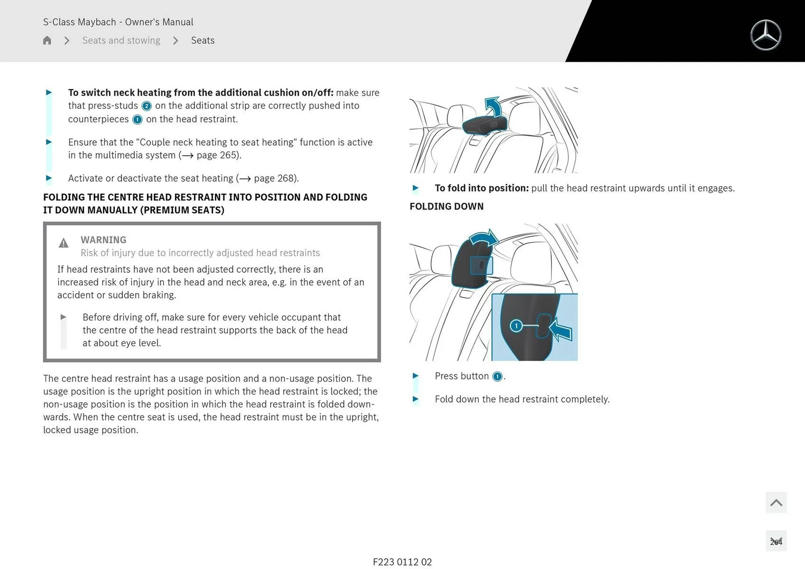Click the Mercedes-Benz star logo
pyautogui.click(x=766, y=35)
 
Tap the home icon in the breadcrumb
pyautogui.click(x=47, y=40)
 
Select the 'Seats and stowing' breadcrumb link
pyautogui.click(x=121, y=40)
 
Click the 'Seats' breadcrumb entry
pyautogui.click(x=203, y=40)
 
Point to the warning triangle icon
pyautogui.click(x=63, y=243)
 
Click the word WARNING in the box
pyautogui.click(x=103, y=240)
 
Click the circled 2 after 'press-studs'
pyautogui.click(x=146, y=106)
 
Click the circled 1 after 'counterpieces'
pyautogui.click(x=137, y=119)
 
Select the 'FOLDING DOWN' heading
pyautogui.click(x=446, y=206)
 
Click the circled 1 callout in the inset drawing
pyautogui.click(x=516, y=326)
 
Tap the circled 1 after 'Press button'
pyautogui.click(x=497, y=376)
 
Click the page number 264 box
pyautogui.click(x=776, y=541)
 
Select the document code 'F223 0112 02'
pyautogui.click(x=402, y=562)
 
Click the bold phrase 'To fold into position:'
pyautogui.click(x=481, y=188)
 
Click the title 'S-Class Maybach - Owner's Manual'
pyautogui.click(x=118, y=22)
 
